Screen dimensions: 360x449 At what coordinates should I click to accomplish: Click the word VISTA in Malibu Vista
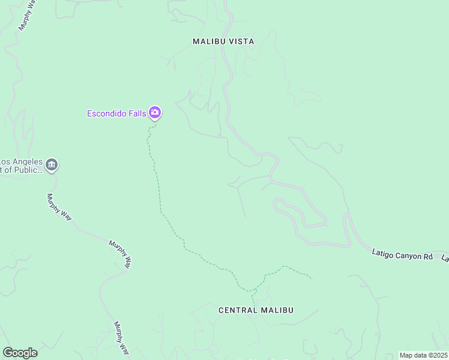click(x=240, y=41)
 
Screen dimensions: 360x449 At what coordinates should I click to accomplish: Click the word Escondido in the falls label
click(x=107, y=113)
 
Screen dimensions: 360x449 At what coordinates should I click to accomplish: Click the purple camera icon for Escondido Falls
click(x=155, y=112)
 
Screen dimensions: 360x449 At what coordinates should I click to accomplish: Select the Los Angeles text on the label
click(x=22, y=162)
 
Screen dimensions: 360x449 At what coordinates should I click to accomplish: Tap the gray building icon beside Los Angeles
click(x=52, y=164)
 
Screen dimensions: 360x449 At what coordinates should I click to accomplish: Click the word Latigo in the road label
click(x=382, y=255)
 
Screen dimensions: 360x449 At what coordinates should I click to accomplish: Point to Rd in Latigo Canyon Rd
click(x=427, y=257)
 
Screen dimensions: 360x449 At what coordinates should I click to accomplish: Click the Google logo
click(x=20, y=352)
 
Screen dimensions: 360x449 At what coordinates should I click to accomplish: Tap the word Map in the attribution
click(x=406, y=355)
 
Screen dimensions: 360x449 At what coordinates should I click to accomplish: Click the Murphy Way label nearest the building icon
click(x=59, y=206)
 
